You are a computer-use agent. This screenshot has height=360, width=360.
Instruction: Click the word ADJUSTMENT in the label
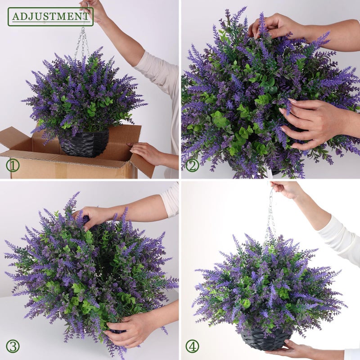[50, 17]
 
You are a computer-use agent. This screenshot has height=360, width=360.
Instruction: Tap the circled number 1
[13, 165]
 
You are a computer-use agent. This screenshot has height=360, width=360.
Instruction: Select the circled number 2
[192, 165]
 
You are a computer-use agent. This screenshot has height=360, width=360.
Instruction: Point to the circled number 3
[13, 346]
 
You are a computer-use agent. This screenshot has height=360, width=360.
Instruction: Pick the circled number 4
[192, 346]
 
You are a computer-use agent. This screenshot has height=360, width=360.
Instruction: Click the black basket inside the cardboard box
[84, 144]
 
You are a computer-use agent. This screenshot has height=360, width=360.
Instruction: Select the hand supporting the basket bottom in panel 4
[298, 350]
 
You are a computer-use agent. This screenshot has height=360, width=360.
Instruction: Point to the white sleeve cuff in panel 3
[171, 200]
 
